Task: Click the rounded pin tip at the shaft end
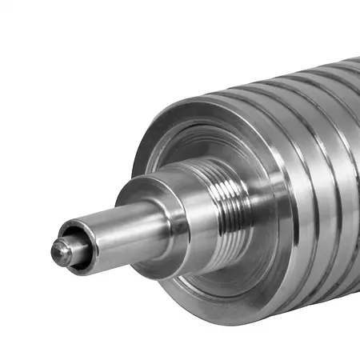[60, 252]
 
